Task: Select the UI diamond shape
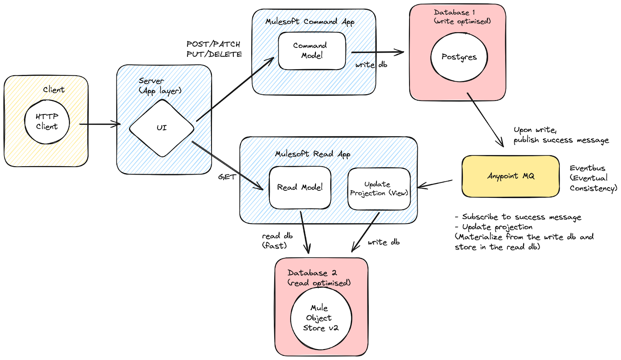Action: point(161,128)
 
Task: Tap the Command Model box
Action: point(312,51)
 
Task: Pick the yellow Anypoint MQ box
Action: point(511,176)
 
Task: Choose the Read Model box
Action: point(300,188)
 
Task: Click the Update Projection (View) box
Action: point(379,189)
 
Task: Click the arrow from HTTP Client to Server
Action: point(100,124)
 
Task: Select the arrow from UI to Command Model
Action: point(235,89)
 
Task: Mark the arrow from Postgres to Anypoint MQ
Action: point(485,120)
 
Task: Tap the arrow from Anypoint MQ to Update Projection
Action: point(435,185)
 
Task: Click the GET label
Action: point(227,177)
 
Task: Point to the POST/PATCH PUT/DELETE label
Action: point(214,49)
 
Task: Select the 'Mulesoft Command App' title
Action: point(310,22)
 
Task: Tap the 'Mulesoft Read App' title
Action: point(312,154)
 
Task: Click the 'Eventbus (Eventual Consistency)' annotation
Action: point(593,178)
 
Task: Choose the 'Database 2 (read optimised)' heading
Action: point(319,278)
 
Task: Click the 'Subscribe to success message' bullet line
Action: point(518,217)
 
